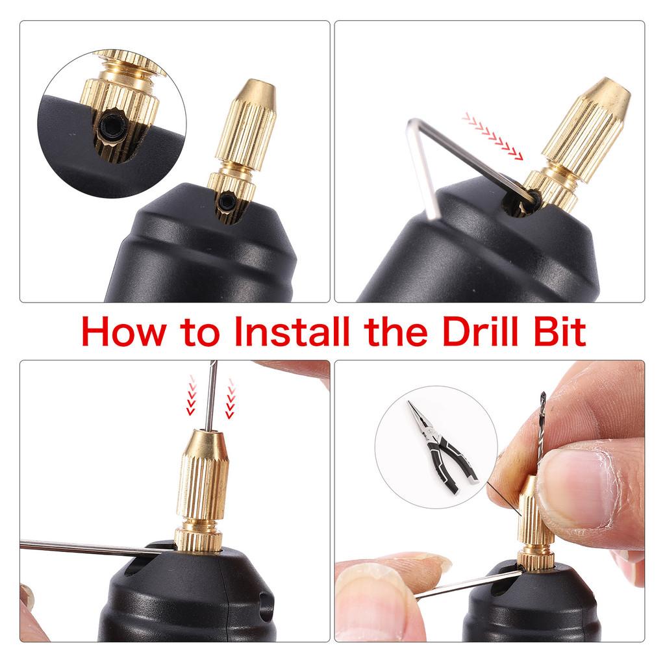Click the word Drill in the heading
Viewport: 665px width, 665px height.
pos(479,332)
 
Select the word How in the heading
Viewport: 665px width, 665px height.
pos(121,332)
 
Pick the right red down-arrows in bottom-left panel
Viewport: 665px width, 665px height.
pos(230,399)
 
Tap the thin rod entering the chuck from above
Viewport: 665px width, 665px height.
pos(211,396)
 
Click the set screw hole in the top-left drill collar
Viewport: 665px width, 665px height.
pos(227,203)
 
